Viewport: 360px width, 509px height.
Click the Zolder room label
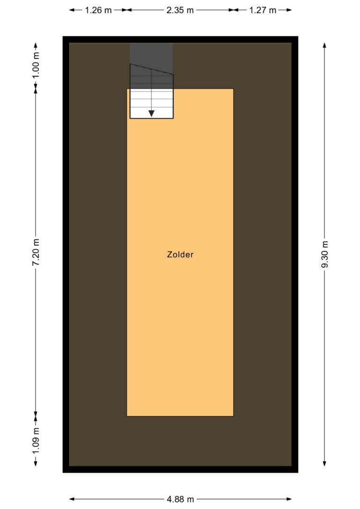pos(180,254)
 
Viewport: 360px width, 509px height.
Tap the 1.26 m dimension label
pos(98,10)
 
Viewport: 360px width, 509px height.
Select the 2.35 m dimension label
pos(180,10)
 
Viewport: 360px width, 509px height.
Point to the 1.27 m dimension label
pos(262,10)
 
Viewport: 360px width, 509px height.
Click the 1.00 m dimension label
pos(36,65)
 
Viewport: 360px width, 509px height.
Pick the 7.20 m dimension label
pos(36,252)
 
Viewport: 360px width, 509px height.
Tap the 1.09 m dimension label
pos(36,441)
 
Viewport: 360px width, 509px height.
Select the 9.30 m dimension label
pos(324,254)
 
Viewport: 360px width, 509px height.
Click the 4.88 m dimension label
pos(180,499)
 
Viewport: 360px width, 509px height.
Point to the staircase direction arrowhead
pos(151,113)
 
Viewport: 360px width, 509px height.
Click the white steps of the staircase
pos(151,104)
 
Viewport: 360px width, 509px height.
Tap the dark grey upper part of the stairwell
pos(151,65)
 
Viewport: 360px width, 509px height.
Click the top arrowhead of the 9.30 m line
pos(324,45)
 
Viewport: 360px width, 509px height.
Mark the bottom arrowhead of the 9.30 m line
pos(324,463)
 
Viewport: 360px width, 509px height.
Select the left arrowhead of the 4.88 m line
pos(72,499)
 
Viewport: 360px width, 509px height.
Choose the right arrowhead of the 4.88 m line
pos(289,499)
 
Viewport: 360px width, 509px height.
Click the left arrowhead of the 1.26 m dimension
pos(72,10)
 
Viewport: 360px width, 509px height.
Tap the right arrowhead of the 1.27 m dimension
pos(289,10)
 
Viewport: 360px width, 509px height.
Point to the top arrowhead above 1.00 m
pos(36,45)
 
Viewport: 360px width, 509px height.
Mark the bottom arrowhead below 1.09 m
pos(36,463)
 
